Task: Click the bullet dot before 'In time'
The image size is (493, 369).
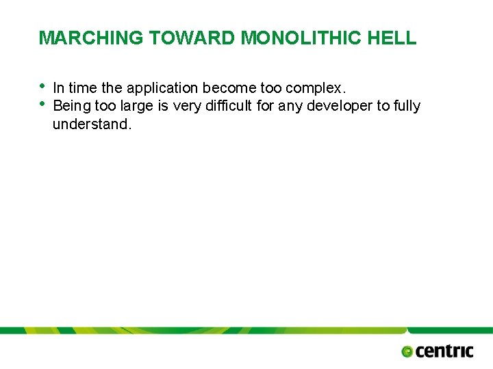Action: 42,86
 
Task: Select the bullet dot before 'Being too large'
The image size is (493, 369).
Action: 42,104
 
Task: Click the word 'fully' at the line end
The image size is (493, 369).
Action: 407,106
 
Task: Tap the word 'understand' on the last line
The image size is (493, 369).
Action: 89,124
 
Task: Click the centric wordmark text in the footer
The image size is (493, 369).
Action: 444,351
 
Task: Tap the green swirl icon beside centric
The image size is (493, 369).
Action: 407,352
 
